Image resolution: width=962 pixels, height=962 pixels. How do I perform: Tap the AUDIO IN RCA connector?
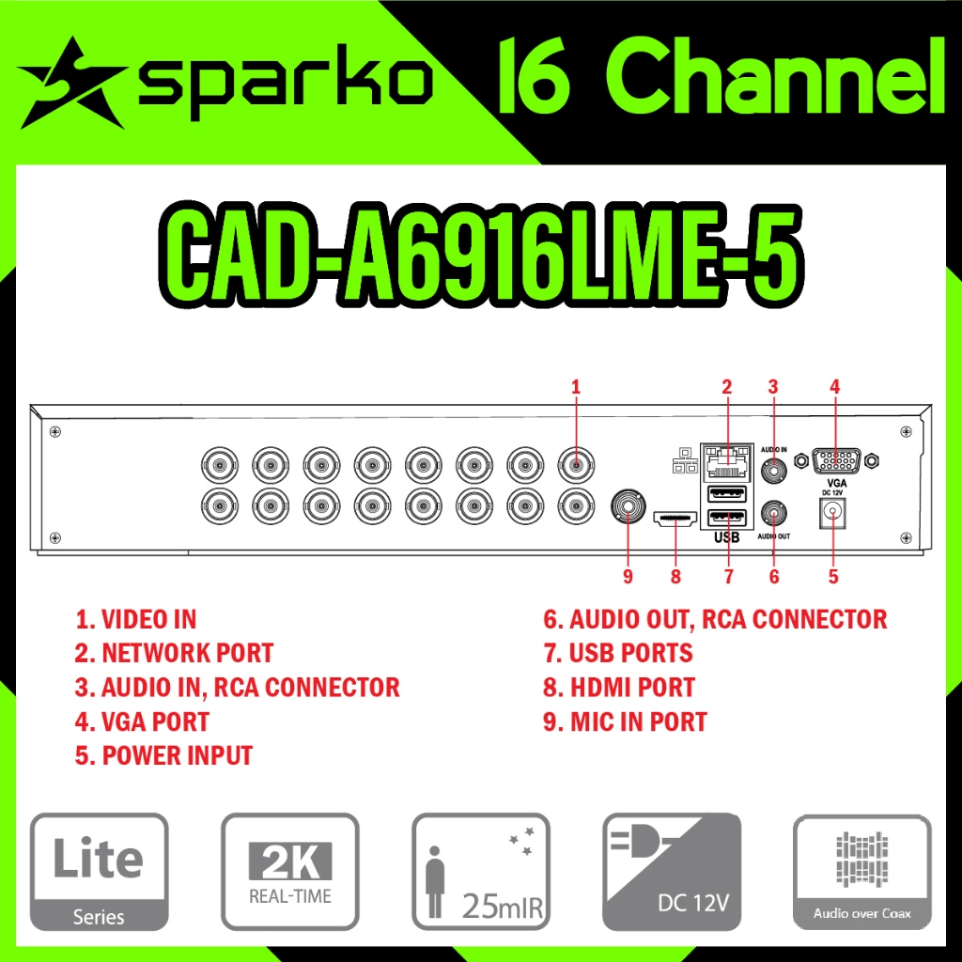click(774, 470)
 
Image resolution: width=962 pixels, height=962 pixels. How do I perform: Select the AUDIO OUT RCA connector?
click(774, 513)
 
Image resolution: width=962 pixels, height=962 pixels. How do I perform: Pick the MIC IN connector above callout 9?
click(628, 508)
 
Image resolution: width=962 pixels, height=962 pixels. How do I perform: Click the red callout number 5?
click(833, 577)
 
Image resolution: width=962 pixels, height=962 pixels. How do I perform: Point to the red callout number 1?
click(576, 386)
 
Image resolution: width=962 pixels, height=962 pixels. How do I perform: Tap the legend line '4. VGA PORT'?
click(142, 721)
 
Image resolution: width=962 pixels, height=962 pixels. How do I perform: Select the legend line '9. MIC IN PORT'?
click(625, 721)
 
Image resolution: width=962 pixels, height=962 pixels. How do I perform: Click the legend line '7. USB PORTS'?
click(618, 653)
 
